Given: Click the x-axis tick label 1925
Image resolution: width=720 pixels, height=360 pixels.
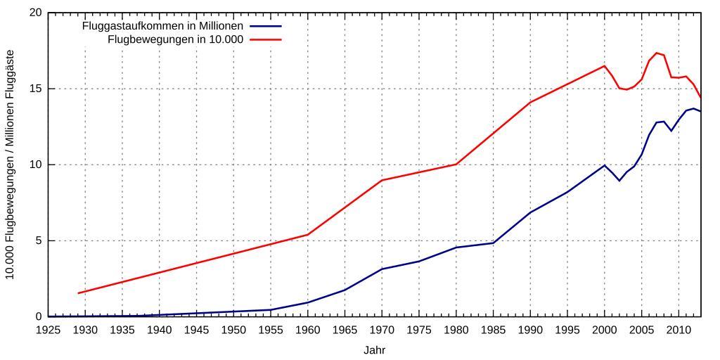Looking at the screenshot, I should (x=48, y=330).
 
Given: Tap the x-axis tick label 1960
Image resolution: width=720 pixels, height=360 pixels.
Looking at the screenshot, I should (x=307, y=330).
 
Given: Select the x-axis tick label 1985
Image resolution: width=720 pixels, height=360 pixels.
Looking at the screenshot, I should (x=493, y=330).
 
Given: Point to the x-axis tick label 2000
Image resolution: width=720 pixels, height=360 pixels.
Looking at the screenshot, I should (x=604, y=330).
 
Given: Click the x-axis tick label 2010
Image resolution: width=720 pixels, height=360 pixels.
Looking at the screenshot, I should (x=678, y=330).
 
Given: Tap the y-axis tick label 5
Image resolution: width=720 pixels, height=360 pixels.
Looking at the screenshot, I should (x=38, y=240).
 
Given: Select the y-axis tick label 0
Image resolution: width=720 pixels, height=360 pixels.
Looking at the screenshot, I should (x=38, y=316).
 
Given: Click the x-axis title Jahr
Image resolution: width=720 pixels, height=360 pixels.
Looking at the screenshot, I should (x=374, y=349).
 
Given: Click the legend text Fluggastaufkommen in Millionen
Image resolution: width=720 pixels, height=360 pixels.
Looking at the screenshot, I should (x=162, y=26).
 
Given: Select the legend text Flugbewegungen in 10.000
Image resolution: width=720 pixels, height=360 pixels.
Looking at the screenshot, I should (x=175, y=39).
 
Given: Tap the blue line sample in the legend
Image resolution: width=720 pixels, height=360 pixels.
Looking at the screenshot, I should (x=264, y=26).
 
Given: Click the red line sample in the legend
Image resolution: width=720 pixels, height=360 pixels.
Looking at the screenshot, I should (x=264, y=39).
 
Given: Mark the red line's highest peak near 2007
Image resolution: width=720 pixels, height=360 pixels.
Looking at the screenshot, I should (x=656, y=53).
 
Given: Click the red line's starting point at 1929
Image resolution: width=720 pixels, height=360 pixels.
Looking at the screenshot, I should (x=78, y=293).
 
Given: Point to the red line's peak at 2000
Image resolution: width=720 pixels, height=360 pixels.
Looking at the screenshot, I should (x=604, y=66).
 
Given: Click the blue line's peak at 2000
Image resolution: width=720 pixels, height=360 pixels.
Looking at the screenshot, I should (x=604, y=165).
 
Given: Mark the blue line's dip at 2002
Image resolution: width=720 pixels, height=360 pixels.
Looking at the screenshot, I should (x=619, y=181).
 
